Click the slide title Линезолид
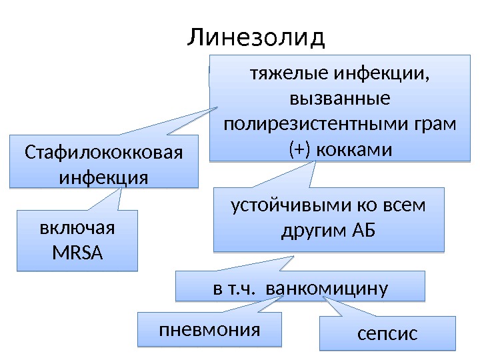coord(256,37)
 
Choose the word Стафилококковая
coord(103,153)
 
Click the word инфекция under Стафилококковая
coord(103,178)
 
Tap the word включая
coord(77,228)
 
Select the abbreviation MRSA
coord(77,253)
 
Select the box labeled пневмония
coord(209,330)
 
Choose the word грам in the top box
coord(433,125)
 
